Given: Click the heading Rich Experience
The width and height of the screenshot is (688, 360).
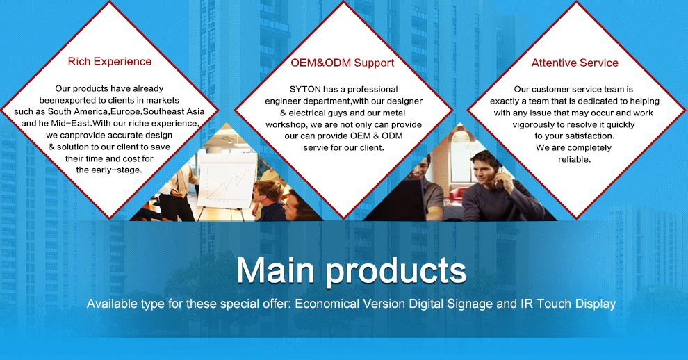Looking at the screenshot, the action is pos(110,61).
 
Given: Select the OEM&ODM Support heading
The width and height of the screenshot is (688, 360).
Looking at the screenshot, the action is pos(343,63).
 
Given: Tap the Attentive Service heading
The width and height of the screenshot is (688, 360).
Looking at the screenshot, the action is pos(575,63).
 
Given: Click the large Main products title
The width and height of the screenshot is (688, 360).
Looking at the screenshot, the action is pos(351,270).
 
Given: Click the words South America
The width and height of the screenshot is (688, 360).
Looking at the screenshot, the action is pos(78,111).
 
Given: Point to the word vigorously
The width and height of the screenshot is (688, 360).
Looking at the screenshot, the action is pos(532,124).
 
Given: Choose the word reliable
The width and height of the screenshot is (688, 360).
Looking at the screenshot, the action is pos(574,160).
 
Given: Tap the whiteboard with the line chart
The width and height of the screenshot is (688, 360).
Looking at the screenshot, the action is pos(227,180).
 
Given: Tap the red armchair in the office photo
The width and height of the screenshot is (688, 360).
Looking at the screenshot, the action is pos(457,194).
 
